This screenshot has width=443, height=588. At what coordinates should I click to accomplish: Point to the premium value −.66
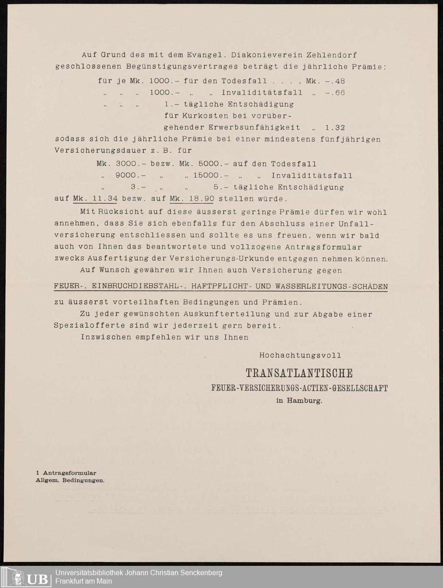click(x=335, y=93)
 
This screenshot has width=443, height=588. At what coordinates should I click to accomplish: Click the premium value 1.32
click(x=335, y=128)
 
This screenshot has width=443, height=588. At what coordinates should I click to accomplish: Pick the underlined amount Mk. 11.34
click(x=95, y=198)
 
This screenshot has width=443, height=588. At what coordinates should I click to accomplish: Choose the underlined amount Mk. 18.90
click(x=192, y=198)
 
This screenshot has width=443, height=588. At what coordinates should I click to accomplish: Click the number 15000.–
click(x=210, y=175)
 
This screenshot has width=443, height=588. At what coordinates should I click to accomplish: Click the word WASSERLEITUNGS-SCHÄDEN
click(x=331, y=286)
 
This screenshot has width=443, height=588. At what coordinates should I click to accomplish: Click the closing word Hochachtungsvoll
click(x=300, y=355)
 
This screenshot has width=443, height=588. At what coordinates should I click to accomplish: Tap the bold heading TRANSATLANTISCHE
click(x=299, y=373)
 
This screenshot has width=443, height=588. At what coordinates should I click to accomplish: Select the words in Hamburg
click(x=299, y=401)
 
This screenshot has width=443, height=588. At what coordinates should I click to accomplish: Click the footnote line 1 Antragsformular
click(x=66, y=473)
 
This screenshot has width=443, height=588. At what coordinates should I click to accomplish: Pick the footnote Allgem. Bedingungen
click(x=70, y=480)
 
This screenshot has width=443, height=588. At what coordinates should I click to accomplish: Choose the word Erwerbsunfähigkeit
click(x=256, y=128)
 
